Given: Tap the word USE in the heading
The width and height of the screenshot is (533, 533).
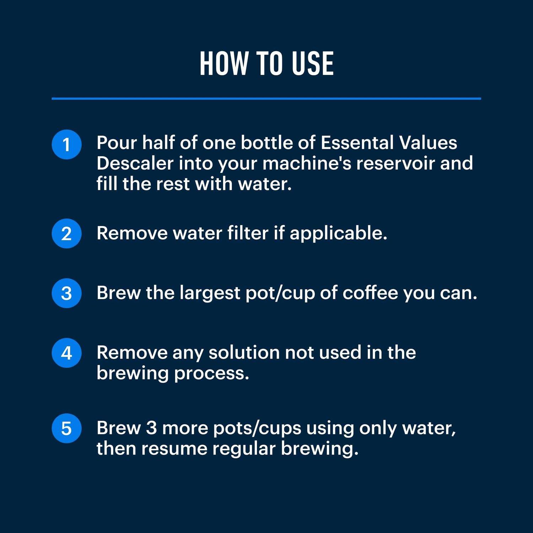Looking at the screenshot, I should (313, 64).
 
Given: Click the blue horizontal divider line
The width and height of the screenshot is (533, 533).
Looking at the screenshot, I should (266, 98).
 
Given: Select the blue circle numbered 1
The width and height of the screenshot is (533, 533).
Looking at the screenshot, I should (66, 145).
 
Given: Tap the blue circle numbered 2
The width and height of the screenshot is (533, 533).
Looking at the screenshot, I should (66, 233).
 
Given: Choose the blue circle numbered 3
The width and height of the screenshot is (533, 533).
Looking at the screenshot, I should (66, 293).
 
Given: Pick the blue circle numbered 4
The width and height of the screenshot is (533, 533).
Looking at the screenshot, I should (66, 353).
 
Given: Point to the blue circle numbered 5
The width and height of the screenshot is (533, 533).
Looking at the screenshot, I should (66, 428).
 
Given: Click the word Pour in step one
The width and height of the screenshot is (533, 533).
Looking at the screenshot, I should (117, 143).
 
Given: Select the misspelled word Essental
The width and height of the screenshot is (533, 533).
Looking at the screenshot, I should (357, 143).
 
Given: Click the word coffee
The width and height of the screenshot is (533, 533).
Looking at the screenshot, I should (370, 293).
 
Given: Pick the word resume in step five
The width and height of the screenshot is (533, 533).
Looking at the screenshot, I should (174, 448).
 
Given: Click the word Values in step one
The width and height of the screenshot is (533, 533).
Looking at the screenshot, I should (428, 143).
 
